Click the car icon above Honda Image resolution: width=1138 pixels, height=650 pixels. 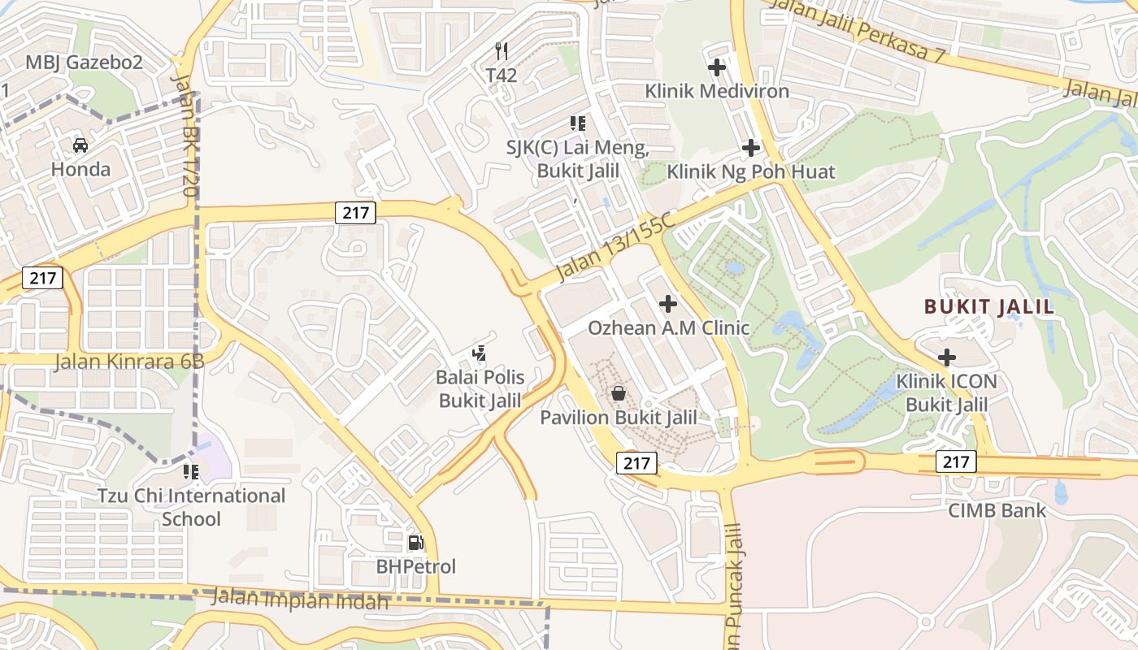pos(80,145)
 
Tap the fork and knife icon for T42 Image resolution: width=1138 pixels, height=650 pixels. pos(502,51)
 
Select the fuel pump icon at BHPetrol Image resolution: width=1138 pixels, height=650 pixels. pos(415,542)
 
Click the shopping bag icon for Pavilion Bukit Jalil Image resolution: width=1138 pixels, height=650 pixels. pos(619,394)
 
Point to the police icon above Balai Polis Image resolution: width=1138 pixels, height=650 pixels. pos(480,353)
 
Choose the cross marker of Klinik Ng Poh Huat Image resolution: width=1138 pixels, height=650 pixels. pos(751,148)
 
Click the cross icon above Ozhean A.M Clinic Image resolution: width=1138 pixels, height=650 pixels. pos(668,304)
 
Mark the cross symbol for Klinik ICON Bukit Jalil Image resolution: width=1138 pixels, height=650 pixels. pos(947,357)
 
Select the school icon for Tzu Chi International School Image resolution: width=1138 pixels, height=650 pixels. pos(191,472)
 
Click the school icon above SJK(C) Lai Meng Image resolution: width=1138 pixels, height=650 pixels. pos(578,123)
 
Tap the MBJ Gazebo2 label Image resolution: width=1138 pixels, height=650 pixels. pos(84,63)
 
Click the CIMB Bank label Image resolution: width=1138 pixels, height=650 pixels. pos(997,511)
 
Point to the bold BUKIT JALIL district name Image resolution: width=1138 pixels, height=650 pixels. pos(989,306)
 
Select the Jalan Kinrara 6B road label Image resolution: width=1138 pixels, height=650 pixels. pos(129,362)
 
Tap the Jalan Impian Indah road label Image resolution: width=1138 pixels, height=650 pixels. pos(300,600)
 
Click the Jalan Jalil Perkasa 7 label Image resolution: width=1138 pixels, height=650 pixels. pos(858,30)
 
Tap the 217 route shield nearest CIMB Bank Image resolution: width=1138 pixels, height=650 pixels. pos(956,461)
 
